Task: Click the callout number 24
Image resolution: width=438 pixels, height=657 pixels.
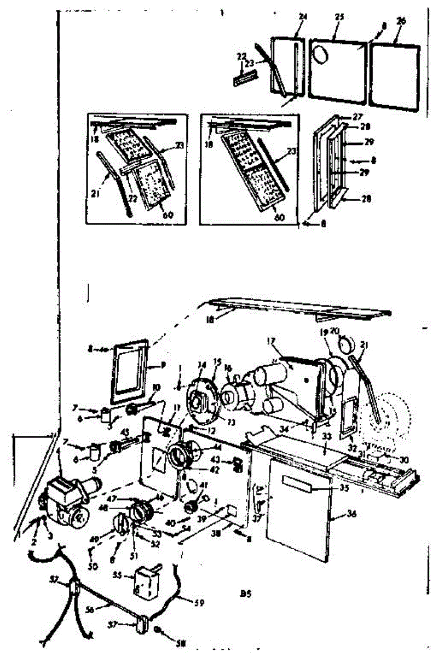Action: pos(303,16)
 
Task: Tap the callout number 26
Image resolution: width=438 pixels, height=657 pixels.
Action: pos(401,21)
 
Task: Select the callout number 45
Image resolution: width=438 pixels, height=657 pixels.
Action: pos(124,431)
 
